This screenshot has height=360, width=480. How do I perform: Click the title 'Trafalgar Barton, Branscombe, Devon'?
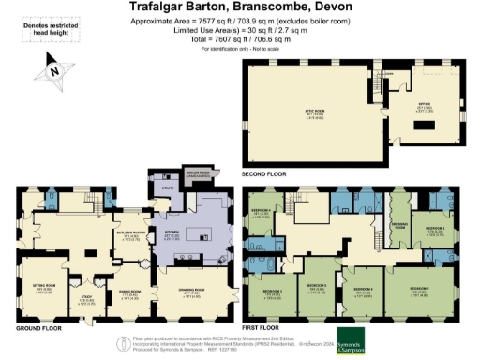(238, 7)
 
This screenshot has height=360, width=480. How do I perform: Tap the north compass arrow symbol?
(53, 68)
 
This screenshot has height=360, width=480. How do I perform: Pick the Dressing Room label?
(397, 224)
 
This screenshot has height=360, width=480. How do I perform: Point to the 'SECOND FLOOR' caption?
(264, 174)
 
